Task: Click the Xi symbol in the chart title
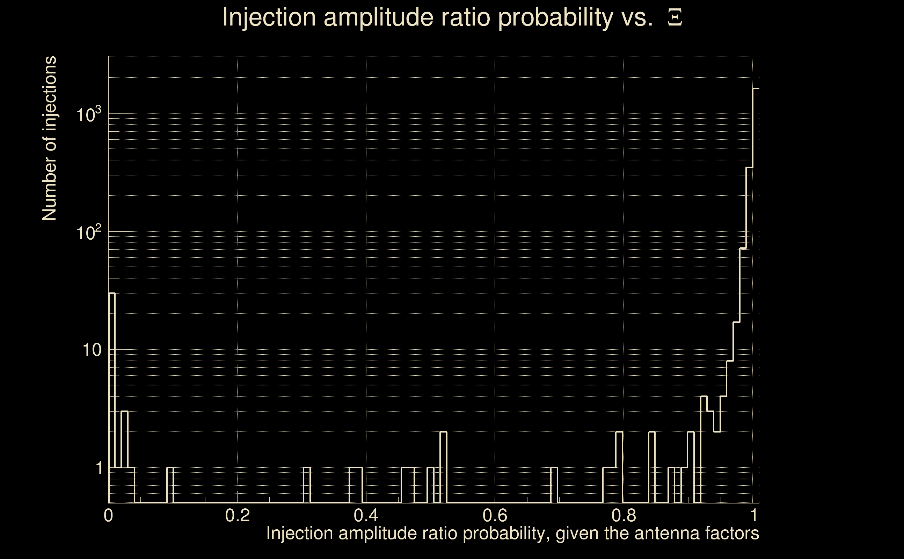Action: click(x=675, y=18)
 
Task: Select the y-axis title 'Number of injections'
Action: click(x=49, y=138)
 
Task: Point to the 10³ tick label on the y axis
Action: click(x=89, y=115)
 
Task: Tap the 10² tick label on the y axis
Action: click(x=89, y=233)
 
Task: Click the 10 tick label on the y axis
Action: click(x=92, y=350)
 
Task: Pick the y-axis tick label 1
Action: click(x=99, y=468)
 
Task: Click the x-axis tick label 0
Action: click(x=108, y=515)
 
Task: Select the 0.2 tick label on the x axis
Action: click(x=237, y=515)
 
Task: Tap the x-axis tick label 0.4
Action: click(x=366, y=515)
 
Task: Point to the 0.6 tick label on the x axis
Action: click(x=495, y=515)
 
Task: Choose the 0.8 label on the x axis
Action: click(x=624, y=515)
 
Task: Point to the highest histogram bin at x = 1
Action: click(x=756, y=296)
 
